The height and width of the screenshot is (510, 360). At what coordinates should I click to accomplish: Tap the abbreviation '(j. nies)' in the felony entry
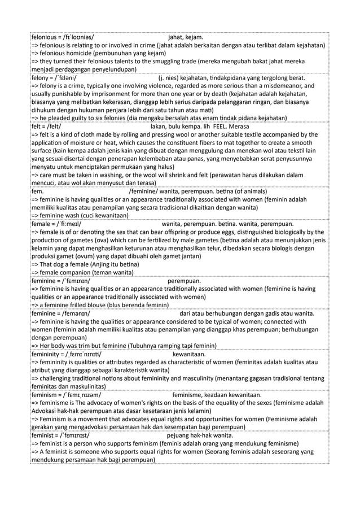tap(170, 78)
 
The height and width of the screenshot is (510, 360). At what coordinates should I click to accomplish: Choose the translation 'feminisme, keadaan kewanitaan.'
tap(217, 394)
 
